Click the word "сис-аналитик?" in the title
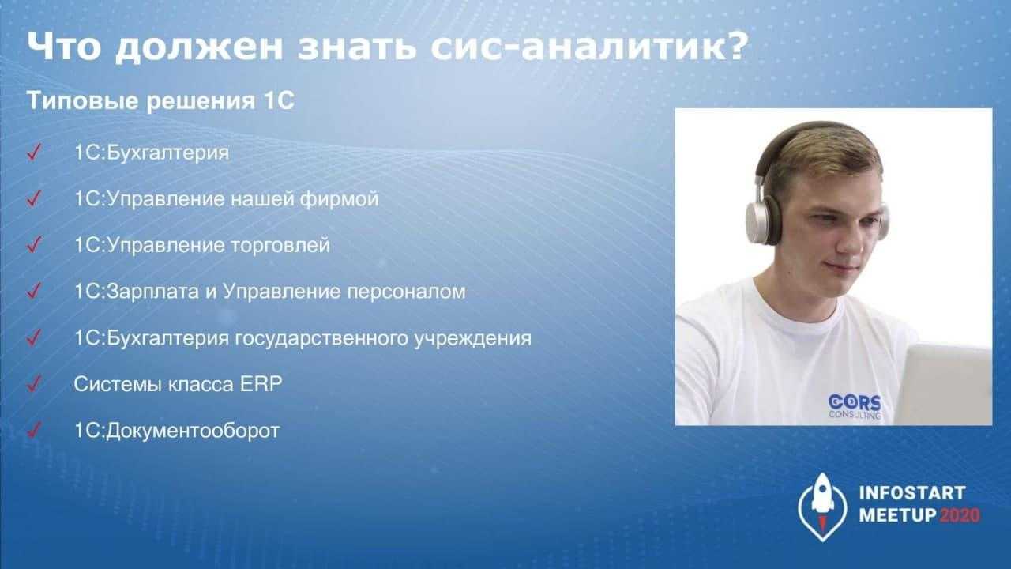[x=589, y=47]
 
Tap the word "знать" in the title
[x=356, y=47]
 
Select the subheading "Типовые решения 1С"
[x=160, y=100]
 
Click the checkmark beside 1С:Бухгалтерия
[x=34, y=152]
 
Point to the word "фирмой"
[x=340, y=198]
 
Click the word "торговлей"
[x=280, y=245]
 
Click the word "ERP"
[x=261, y=384]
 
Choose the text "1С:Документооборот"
[x=176, y=431]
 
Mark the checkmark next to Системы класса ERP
[x=34, y=383]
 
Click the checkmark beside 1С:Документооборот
[x=34, y=430]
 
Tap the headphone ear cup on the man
[x=764, y=223]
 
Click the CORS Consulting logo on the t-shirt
[x=855, y=406]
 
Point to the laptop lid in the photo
[x=944, y=384]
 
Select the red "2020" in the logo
[x=960, y=515]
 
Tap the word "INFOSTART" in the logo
[x=912, y=493]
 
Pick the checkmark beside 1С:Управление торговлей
[x=34, y=244]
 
